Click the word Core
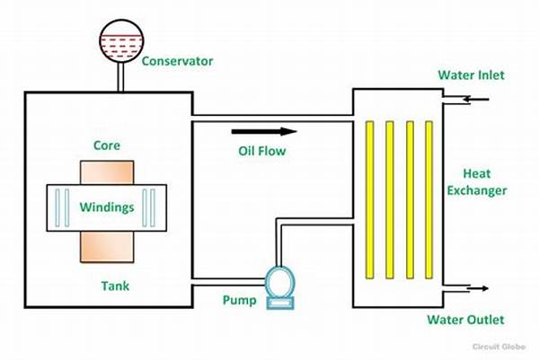point(106,145)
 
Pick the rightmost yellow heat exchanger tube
point(429,198)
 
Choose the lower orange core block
point(106,245)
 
